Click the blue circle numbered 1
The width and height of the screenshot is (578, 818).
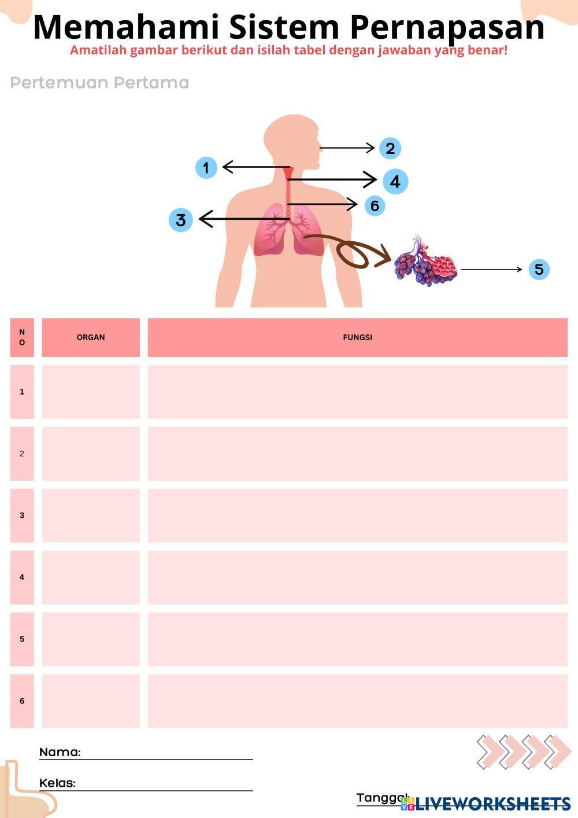[x=206, y=168]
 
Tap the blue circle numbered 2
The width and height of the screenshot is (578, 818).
[x=390, y=148]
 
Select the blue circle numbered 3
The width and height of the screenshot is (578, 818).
[x=181, y=220]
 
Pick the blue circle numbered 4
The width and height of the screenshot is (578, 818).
[x=395, y=181]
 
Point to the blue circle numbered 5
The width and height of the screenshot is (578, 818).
[x=539, y=269]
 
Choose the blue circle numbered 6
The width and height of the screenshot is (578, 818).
[x=375, y=205]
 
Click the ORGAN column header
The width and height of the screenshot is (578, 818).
[x=91, y=337]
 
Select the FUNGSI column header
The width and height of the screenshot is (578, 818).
[x=357, y=337]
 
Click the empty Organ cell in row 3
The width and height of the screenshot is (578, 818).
[x=91, y=515]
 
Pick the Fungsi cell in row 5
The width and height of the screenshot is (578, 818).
[x=357, y=639]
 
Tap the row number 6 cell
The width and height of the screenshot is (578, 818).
[x=22, y=701]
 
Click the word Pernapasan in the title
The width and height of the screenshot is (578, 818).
[x=447, y=27]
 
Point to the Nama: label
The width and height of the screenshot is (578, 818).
[x=60, y=752]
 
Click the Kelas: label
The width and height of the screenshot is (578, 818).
[x=58, y=783]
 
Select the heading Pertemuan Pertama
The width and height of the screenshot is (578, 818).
[x=100, y=83]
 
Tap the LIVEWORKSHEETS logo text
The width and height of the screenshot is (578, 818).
[x=493, y=804]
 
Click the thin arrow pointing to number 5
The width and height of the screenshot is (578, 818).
[x=491, y=270]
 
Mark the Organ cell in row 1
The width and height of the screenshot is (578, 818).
[x=91, y=392]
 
